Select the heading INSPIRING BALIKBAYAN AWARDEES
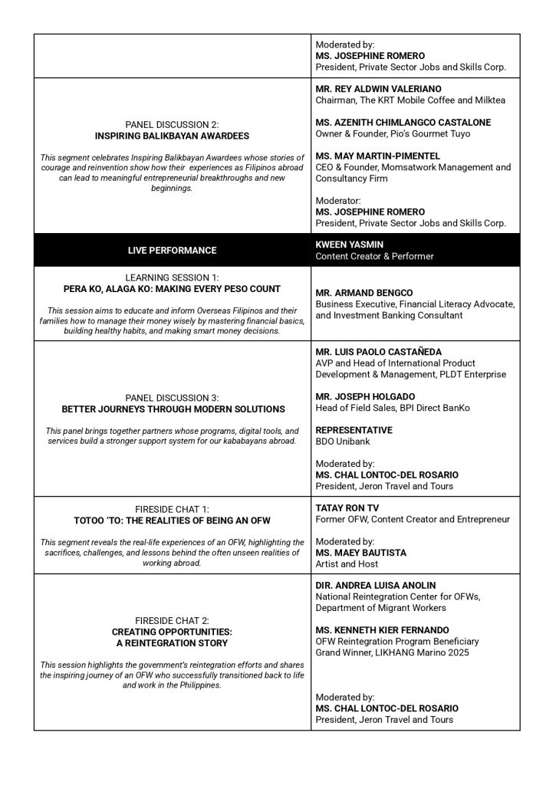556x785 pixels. click(x=172, y=136)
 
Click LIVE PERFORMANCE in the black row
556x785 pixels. click(x=172, y=251)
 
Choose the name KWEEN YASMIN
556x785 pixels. click(x=351, y=245)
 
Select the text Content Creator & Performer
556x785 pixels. click(x=374, y=256)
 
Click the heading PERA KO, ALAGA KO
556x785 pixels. click(x=172, y=289)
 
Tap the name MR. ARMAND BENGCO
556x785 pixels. click(x=364, y=293)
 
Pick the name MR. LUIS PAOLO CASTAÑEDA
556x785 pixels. click(x=379, y=352)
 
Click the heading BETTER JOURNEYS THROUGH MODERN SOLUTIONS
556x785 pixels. click(x=172, y=409)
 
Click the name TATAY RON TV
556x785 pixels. click(x=347, y=507)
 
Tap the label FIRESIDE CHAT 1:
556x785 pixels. click(x=172, y=508)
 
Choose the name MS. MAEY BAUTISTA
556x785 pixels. click(x=361, y=553)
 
